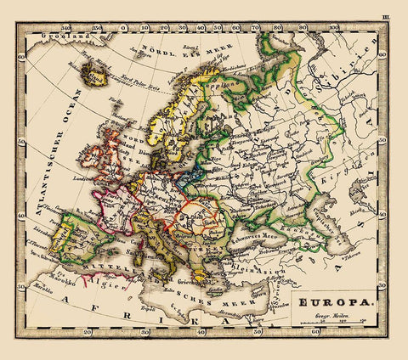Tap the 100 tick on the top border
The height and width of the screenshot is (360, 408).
pyautogui.click(x=333, y=27)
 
